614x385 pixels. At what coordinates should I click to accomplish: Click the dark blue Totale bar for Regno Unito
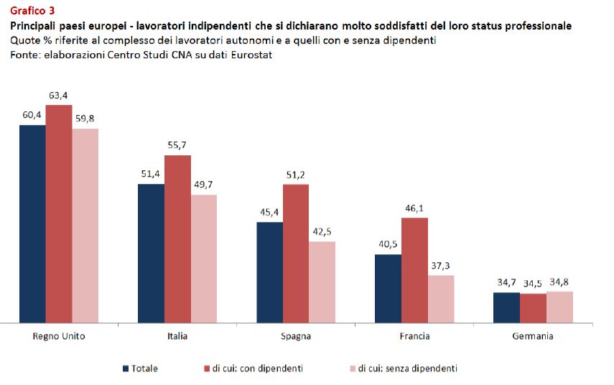(x=32, y=223)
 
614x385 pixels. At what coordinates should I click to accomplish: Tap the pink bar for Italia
(x=204, y=259)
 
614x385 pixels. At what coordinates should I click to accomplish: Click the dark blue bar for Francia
(x=389, y=288)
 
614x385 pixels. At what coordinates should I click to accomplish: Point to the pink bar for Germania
(x=559, y=307)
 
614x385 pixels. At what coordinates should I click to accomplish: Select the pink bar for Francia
(x=441, y=299)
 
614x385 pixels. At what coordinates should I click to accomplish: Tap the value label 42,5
(x=322, y=231)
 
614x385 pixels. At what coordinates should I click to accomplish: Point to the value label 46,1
(x=414, y=208)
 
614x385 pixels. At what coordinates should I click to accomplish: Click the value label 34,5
(x=533, y=284)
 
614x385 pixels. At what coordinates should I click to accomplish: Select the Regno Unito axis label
(x=59, y=336)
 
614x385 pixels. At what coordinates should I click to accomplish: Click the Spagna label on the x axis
(x=296, y=336)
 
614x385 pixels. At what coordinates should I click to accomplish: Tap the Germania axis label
(x=533, y=336)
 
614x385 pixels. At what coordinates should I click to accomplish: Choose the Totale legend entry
(x=144, y=368)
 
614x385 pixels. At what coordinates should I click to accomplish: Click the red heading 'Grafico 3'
(x=32, y=10)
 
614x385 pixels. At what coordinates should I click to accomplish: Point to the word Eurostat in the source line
(x=251, y=54)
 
